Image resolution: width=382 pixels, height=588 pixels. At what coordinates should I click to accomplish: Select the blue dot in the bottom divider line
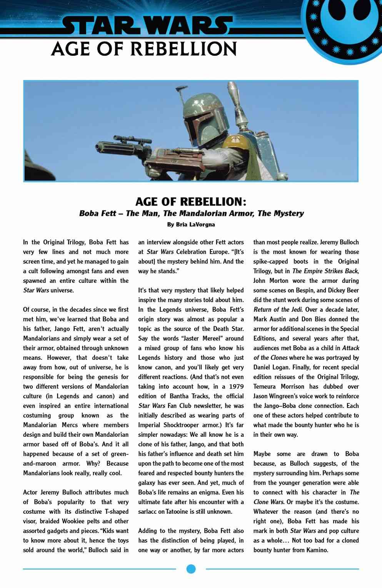191,569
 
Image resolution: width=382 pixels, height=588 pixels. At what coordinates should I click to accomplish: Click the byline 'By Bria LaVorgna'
191,224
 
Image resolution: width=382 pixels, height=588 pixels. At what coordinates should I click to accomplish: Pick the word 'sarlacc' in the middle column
147,511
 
